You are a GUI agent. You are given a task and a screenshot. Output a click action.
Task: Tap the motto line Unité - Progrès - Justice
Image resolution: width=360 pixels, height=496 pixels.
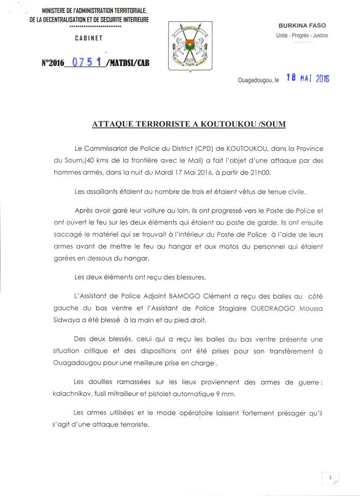click(x=302, y=36)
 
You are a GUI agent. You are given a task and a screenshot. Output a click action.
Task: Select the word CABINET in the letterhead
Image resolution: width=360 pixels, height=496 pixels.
click(x=89, y=38)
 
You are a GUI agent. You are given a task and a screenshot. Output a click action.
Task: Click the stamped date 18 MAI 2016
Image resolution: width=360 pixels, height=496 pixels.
click(x=308, y=79)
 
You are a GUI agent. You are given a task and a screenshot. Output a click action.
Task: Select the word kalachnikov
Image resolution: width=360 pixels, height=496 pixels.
click(x=71, y=395)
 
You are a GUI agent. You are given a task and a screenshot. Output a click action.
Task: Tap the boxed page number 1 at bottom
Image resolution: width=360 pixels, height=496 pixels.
click(x=330, y=478)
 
